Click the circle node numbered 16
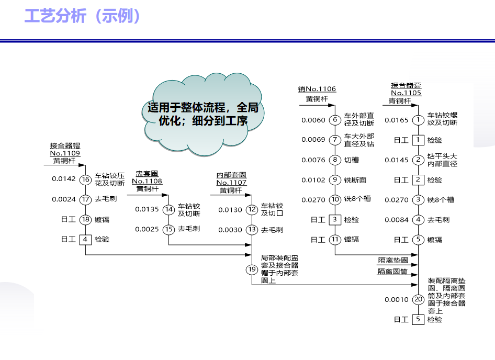point(86,179)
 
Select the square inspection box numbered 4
point(86,239)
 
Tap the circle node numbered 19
point(252,269)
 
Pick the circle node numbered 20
point(418,300)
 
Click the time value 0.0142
point(64,179)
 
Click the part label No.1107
point(231,183)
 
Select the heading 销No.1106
point(317,89)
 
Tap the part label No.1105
point(406,93)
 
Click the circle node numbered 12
point(252,210)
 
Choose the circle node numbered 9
point(335,179)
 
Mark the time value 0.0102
point(313,179)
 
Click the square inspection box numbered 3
point(335,220)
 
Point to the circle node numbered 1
point(418,120)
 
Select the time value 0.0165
point(396,120)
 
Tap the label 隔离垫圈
point(393,260)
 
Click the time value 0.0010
point(396,300)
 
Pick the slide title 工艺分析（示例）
point(83,16)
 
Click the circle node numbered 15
point(168,229)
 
